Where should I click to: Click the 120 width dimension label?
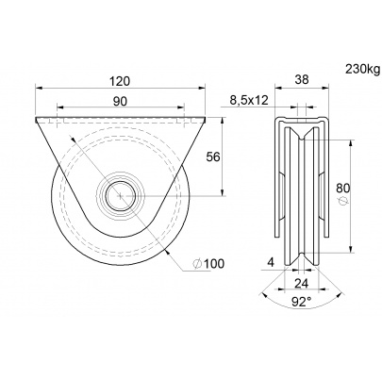tap(120, 81)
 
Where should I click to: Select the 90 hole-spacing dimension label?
tap(120, 101)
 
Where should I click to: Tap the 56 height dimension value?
tap(212, 157)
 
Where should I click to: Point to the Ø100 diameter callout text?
tap(208, 264)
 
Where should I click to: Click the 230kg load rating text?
tap(363, 69)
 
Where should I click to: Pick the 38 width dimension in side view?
tap(302, 80)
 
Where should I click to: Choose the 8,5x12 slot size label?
tap(249, 100)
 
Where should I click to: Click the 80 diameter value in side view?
tap(343, 188)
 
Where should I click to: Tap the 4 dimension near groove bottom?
tap(271, 262)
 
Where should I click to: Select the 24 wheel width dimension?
tap(302, 283)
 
